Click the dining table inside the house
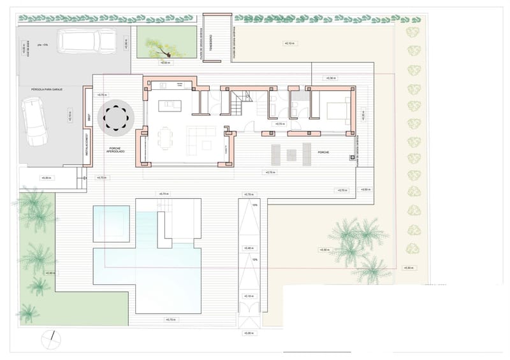pos(166,136)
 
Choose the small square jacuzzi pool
pos(111,223)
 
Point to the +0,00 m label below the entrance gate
pos(249,333)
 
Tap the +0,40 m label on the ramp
pos(249,248)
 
